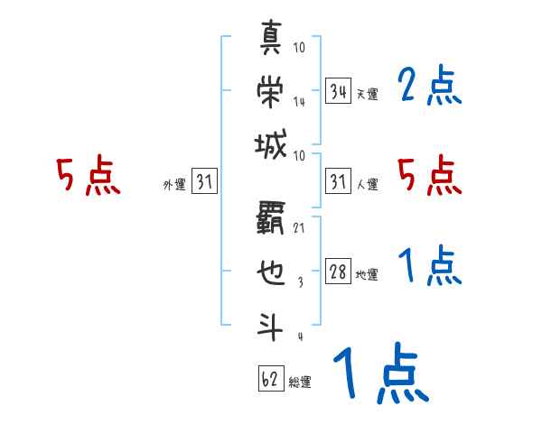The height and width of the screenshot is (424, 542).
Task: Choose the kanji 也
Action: [271, 272]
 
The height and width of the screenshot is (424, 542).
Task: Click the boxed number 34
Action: [339, 90]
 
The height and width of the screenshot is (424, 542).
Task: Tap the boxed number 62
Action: [270, 378]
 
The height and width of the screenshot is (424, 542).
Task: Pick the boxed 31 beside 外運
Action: [204, 183]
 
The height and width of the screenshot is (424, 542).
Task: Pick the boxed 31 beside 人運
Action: [339, 183]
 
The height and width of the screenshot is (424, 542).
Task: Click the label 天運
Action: [367, 94]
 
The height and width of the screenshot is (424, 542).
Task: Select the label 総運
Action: [300, 382]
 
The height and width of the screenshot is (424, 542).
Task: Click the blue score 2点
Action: [430, 87]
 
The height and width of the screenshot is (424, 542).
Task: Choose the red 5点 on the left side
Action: [89, 176]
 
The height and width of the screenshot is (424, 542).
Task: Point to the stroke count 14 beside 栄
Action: [299, 101]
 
